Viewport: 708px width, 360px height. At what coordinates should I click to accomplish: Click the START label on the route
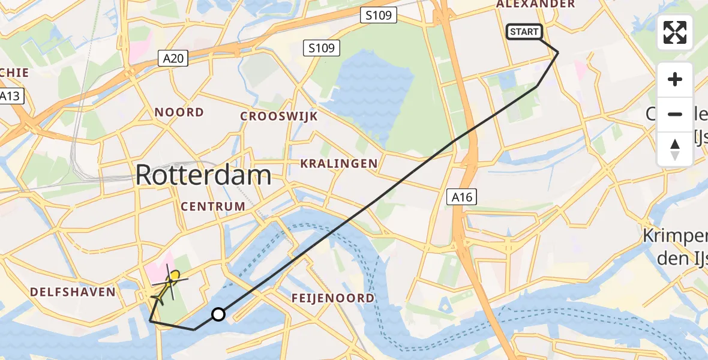524,32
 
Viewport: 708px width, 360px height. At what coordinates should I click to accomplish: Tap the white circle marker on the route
218,314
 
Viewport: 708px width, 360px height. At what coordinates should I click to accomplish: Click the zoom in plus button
675,79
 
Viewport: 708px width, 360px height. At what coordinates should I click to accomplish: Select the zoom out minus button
675,114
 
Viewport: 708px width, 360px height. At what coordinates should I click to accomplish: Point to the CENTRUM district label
213,206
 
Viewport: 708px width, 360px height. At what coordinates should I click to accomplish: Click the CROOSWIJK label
279,116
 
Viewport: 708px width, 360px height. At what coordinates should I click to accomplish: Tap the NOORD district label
179,112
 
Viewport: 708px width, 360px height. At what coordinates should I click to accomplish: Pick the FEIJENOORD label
332,298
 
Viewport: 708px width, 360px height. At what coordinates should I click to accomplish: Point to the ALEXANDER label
536,4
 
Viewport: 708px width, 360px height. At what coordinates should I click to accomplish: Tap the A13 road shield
10,96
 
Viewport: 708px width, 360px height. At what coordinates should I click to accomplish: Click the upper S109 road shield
380,16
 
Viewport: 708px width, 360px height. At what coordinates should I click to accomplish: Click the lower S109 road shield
322,48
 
